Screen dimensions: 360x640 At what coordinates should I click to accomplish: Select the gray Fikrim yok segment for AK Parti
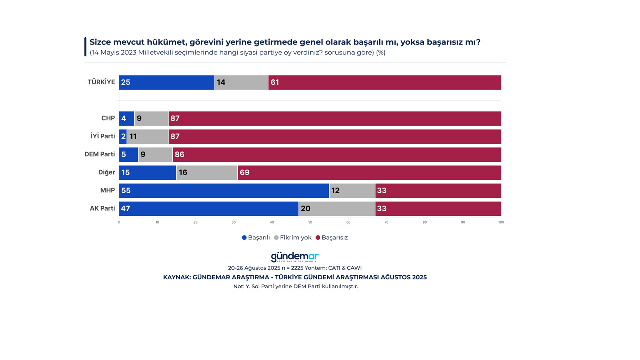337,209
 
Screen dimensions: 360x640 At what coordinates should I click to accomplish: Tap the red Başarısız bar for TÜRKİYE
385,82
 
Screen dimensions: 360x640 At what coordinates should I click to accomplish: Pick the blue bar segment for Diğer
148,173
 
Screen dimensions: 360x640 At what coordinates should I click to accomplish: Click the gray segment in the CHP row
152,119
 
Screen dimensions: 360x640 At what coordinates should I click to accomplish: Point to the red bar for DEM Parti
337,155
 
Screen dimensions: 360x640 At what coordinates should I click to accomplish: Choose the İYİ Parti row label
103,136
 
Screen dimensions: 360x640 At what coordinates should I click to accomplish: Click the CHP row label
108,119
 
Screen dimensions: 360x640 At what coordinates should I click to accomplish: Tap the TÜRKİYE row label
101,82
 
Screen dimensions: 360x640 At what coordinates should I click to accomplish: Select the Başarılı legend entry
256,238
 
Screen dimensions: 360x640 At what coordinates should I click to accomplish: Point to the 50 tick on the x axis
310,222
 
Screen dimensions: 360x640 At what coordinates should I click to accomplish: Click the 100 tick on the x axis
501,222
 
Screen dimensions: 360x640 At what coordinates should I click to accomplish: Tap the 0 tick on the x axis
119,222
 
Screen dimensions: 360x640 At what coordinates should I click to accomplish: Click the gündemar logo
295,257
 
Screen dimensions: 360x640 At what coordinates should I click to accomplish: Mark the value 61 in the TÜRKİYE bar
275,82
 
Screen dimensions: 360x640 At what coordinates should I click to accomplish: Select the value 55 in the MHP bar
126,191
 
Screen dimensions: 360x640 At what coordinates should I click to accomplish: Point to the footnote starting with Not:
295,287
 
